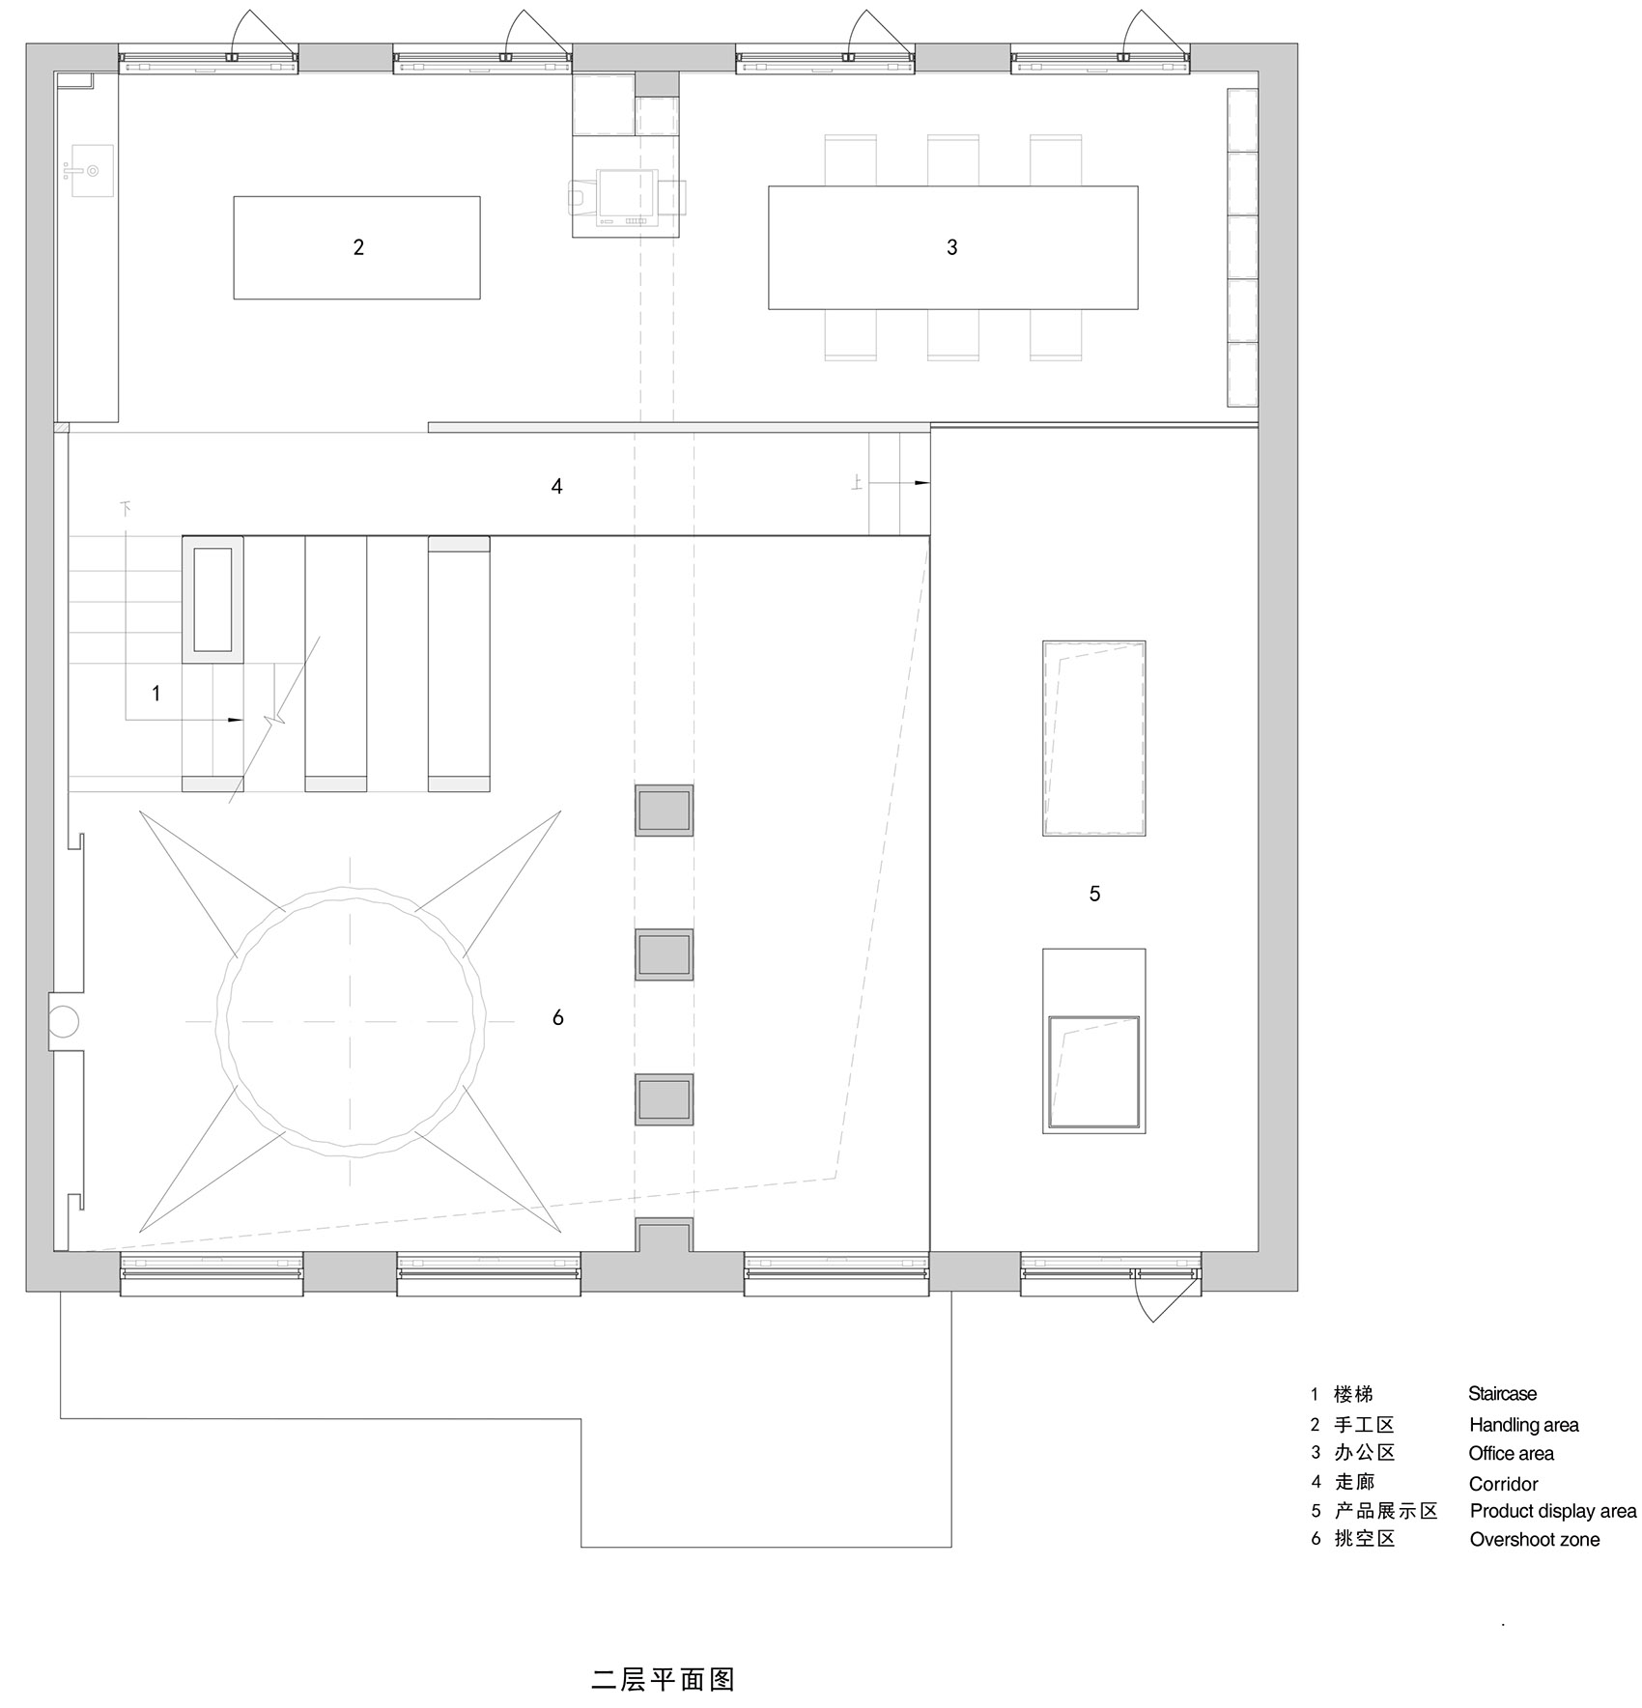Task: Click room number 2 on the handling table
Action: point(358,247)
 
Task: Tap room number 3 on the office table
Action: point(951,247)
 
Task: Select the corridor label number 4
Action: point(556,487)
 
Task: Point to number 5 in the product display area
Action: point(1094,895)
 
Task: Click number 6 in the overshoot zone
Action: point(557,1017)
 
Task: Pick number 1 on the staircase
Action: point(156,694)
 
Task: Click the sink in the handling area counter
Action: point(93,171)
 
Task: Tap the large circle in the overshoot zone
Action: point(353,1021)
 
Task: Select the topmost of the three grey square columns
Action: point(665,810)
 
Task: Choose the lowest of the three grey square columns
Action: point(665,1099)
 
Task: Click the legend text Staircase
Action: point(1502,1394)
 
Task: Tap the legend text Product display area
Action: point(1552,1511)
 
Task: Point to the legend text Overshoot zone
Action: point(1534,1540)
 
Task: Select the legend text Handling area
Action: point(1523,1425)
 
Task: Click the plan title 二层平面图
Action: point(663,1679)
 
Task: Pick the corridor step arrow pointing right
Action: point(918,482)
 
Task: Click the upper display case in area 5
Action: point(1093,738)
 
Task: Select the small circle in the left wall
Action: point(64,1020)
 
